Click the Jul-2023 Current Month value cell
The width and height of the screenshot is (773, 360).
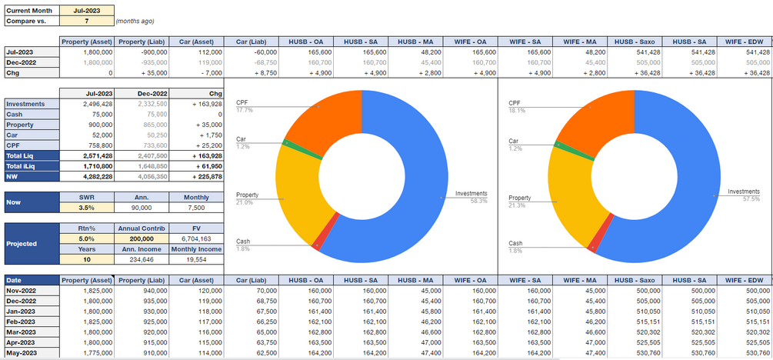point(86,11)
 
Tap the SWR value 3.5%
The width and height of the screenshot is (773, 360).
point(86,207)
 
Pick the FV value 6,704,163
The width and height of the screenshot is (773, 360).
point(195,238)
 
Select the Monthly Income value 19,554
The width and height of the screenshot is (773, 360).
point(195,260)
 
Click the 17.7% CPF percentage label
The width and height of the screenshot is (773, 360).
point(245,110)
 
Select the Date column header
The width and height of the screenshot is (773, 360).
point(30,280)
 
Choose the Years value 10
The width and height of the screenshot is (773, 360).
point(86,260)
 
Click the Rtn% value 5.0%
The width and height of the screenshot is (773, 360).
point(86,238)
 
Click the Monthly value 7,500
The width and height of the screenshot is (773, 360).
point(195,207)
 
